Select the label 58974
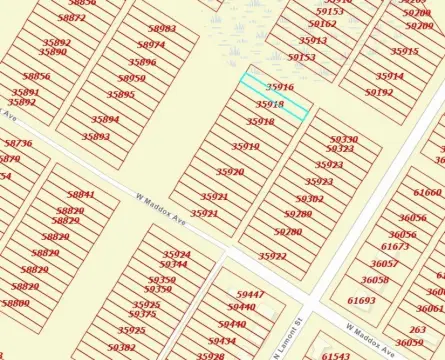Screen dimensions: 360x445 150,45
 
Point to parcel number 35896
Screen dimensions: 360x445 142,62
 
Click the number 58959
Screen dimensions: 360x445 131,78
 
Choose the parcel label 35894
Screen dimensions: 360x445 105,119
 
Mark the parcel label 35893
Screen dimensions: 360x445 96,136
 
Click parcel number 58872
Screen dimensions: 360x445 71,18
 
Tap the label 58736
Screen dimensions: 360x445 18,144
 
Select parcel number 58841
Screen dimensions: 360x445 81,194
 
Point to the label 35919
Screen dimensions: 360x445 245,146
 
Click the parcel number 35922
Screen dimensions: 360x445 272,256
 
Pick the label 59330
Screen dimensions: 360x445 343,139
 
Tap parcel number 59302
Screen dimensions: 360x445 309,199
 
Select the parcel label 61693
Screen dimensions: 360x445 361,300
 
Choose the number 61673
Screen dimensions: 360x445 395,246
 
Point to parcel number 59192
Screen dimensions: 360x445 379,92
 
